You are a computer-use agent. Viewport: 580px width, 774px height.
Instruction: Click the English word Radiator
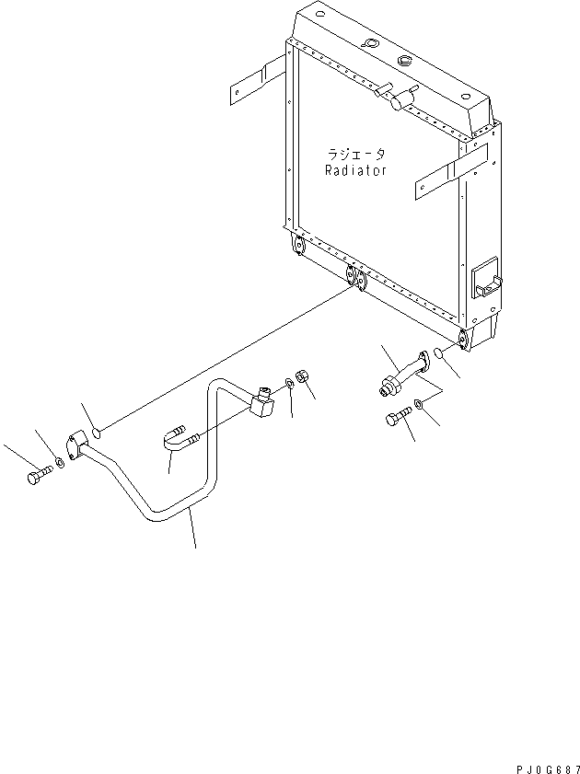pos(355,170)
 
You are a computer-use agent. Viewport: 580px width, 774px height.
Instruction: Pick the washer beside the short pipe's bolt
pos(419,404)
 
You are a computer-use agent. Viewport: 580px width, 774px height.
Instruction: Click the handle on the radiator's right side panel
pos(487,279)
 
